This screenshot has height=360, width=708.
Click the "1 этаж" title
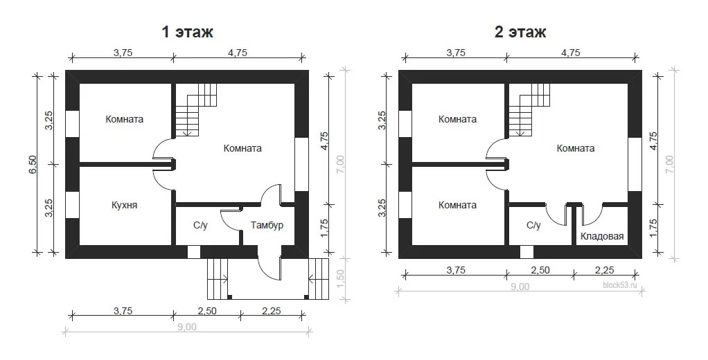click(x=187, y=32)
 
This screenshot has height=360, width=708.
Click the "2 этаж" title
click(x=520, y=32)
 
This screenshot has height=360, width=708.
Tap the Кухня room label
click(x=124, y=205)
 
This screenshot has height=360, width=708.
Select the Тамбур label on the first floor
click(x=267, y=225)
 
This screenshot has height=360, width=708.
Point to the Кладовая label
click(x=602, y=236)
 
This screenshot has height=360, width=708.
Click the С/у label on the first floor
click(x=200, y=225)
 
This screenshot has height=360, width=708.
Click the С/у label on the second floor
click(x=533, y=225)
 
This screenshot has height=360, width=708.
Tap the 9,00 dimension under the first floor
click(x=187, y=327)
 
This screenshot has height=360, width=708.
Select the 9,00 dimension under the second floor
click(x=520, y=287)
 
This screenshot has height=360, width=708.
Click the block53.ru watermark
click(x=619, y=285)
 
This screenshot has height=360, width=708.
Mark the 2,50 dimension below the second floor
click(x=540, y=270)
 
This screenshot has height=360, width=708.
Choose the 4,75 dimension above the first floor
click(x=238, y=53)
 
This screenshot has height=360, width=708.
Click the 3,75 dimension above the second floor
click(x=456, y=53)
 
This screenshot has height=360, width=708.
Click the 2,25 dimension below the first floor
click(x=271, y=310)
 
